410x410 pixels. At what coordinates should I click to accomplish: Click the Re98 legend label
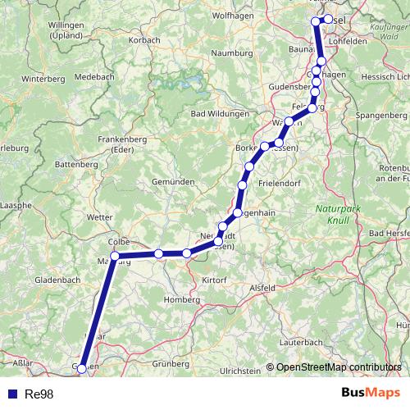39,394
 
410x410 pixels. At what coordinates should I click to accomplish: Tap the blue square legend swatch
11,394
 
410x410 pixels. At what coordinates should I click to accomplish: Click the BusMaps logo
366,393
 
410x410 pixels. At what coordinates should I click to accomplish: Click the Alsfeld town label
262,288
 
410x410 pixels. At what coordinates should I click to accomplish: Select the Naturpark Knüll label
336,215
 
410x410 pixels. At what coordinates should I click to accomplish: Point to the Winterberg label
43,80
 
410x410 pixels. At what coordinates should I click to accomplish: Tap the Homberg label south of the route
181,299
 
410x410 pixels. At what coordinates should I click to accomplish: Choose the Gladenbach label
57,280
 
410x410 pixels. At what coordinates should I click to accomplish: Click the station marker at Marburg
115,256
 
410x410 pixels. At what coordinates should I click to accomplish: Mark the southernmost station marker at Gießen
82,369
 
